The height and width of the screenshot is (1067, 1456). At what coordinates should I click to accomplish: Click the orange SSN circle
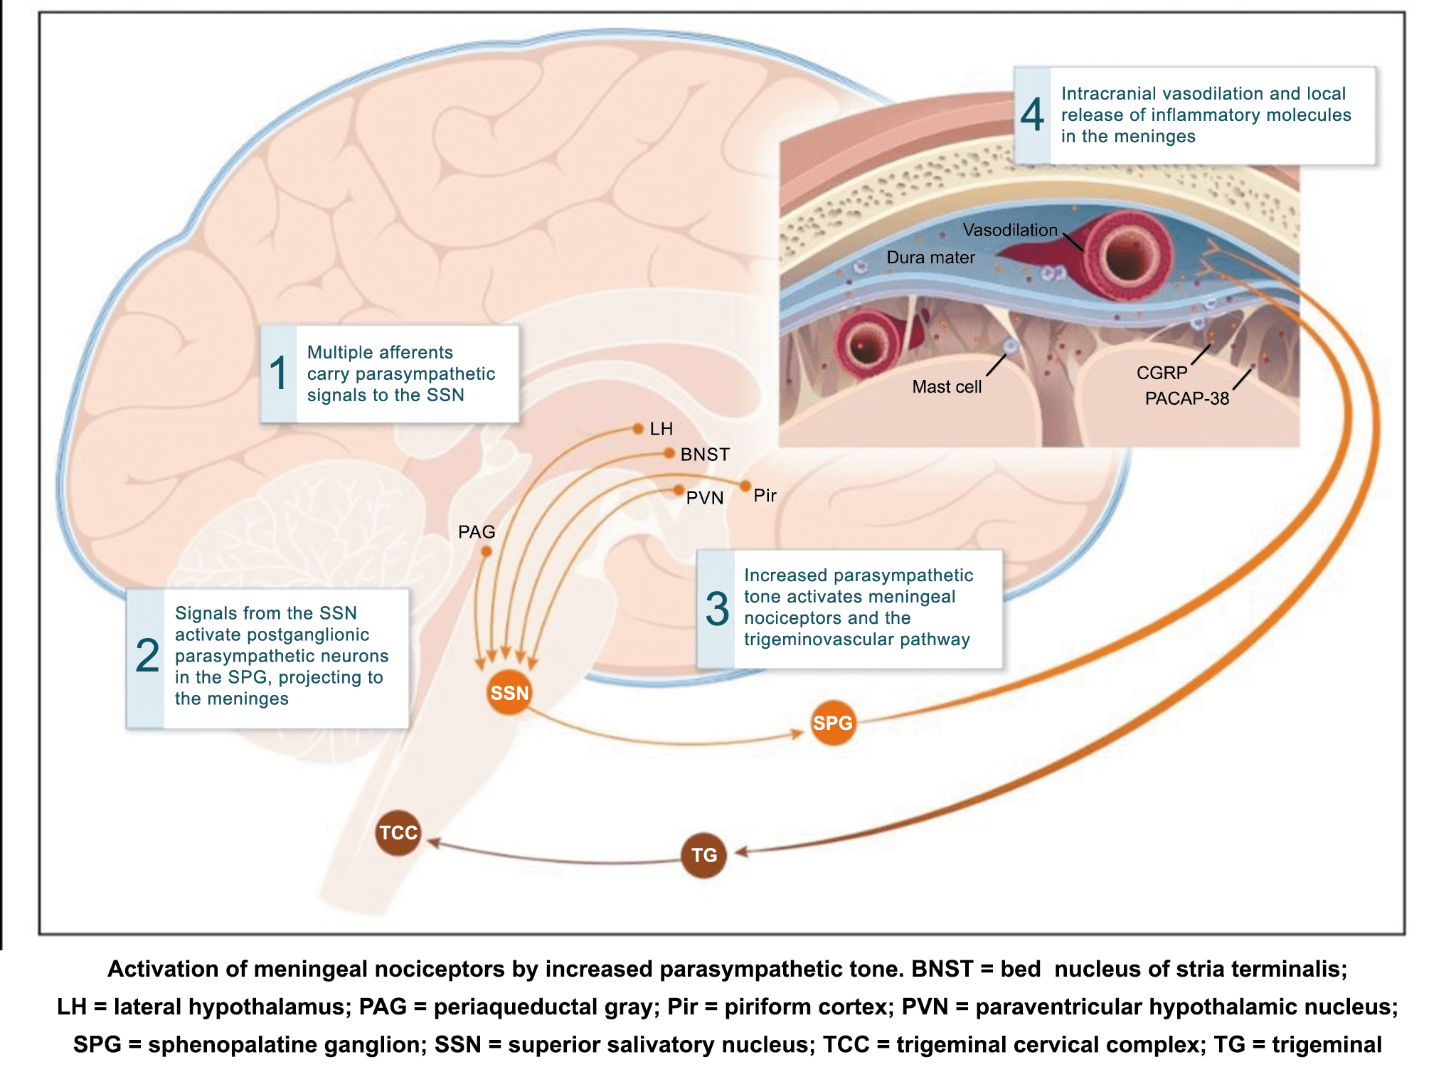point(509,692)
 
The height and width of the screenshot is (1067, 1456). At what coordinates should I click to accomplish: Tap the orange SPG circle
point(832,723)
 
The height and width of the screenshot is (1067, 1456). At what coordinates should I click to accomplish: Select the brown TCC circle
point(398,832)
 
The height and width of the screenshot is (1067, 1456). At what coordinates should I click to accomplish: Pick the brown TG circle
point(703,855)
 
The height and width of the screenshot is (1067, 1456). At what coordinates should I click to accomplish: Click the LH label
point(661,429)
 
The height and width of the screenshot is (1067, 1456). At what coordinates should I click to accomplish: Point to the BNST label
point(704,455)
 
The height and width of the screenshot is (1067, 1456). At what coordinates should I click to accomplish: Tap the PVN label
point(704,498)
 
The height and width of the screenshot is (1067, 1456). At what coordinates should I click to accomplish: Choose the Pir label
point(765,495)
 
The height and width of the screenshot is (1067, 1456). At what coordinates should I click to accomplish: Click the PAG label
point(476,532)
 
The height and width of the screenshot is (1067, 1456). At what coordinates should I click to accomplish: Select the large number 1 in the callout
point(278,373)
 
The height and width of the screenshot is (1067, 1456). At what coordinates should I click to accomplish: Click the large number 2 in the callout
point(147,655)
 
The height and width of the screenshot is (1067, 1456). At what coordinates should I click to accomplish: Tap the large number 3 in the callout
point(717,609)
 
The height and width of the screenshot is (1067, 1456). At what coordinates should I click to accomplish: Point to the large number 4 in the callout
point(1032,115)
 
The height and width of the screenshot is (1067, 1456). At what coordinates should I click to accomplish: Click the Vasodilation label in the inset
point(1009,230)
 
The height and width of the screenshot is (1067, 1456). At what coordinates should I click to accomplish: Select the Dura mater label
point(930,258)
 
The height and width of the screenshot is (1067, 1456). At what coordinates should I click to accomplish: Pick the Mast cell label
point(946,387)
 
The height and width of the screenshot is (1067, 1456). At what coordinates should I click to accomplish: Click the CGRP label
point(1162,373)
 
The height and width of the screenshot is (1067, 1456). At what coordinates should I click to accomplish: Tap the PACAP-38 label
point(1186,398)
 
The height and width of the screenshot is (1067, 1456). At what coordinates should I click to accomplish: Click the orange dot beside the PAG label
point(487,551)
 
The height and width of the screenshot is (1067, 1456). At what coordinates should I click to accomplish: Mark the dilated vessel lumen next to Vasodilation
point(1127,256)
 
